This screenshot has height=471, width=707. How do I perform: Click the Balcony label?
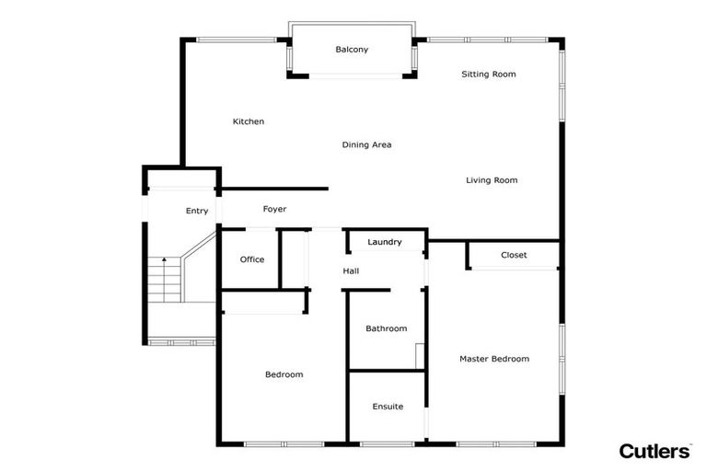pos(352,50)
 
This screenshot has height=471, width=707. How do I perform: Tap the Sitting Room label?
pos(488,75)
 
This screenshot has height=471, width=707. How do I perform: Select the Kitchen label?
pos(249,121)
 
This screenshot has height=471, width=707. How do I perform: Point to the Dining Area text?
pos(366,144)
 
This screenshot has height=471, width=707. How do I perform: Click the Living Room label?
pos(492,180)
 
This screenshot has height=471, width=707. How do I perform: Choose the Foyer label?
pos(274,210)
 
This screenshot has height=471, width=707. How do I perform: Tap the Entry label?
pos(197,211)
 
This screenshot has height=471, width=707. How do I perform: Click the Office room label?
pos(251,259)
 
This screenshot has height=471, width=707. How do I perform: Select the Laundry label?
pos(384,242)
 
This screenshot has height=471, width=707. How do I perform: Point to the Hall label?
pos(351,271)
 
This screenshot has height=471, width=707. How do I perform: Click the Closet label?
pos(514,255)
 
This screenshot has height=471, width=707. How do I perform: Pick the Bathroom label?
pos(386,328)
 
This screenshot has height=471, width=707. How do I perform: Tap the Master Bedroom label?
pos(494,359)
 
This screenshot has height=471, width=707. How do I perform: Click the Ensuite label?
pos(388,407)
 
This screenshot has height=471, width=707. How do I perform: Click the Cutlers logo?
pos(655,451)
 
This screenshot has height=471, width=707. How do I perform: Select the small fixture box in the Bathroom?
pos(420,355)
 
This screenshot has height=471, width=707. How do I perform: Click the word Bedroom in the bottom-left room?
pos(284,374)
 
